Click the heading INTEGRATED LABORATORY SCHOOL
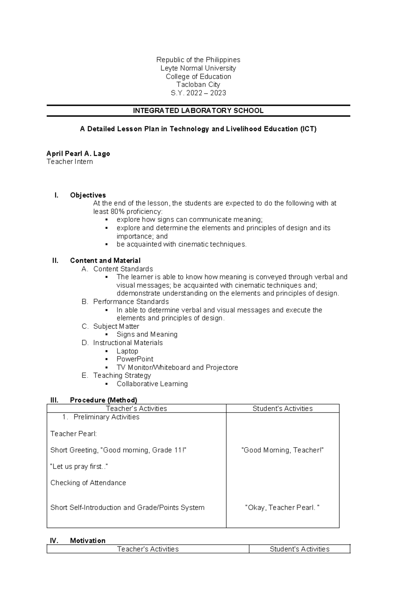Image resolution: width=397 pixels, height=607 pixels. click(198, 111)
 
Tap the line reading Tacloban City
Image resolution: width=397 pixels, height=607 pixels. click(198, 85)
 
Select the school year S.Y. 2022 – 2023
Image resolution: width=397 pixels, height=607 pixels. click(198, 93)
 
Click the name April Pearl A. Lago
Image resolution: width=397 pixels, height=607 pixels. click(78, 153)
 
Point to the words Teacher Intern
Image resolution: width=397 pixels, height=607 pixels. click(70, 162)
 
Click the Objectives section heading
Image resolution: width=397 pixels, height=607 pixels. click(88, 195)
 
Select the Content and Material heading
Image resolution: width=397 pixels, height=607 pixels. click(105, 261)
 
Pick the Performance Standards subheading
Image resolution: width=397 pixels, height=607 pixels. click(131, 302)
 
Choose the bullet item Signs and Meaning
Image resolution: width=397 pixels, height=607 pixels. click(147, 334)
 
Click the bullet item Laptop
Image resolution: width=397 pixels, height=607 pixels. click(127, 351)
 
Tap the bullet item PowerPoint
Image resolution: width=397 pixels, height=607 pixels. click(135, 359)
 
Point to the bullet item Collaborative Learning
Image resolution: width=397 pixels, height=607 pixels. click(152, 384)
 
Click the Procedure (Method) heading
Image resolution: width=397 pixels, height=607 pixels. click(104, 400)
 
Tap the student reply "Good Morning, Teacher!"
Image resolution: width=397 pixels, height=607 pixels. click(283, 450)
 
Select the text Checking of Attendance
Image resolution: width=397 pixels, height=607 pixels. click(88, 483)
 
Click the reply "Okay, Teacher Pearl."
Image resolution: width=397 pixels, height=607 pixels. click(282, 508)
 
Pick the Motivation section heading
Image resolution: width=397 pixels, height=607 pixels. click(88, 541)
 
